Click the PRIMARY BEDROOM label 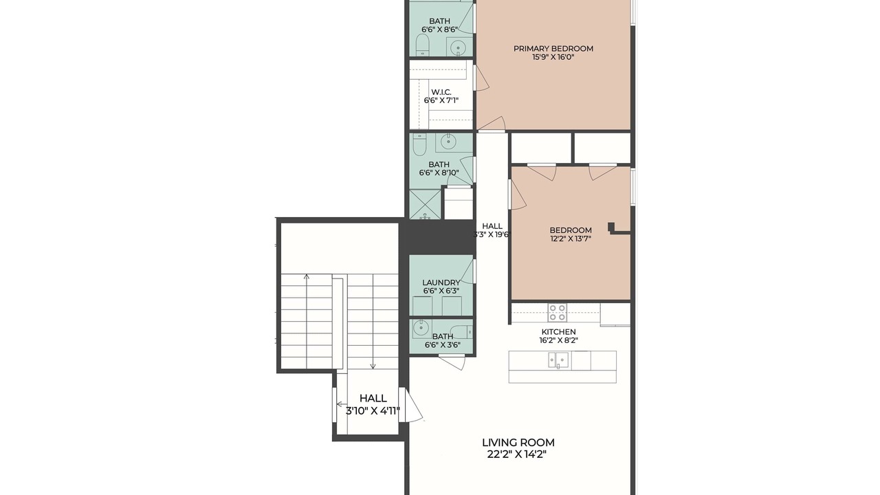pyautogui.click(x=553, y=49)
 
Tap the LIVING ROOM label pyautogui.click(x=518, y=442)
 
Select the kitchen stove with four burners pyautogui.click(x=557, y=313)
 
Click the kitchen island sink pyautogui.click(x=558, y=360)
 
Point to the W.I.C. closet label pyautogui.click(x=441, y=92)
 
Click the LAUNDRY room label pyautogui.click(x=441, y=283)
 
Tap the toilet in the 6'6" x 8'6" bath pyautogui.click(x=422, y=45)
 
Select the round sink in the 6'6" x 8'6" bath pyautogui.click(x=458, y=48)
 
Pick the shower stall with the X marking pyautogui.click(x=425, y=204)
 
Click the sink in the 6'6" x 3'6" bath pyautogui.click(x=421, y=327)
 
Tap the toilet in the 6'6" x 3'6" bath pyautogui.click(x=461, y=332)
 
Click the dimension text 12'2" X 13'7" pyautogui.click(x=571, y=239)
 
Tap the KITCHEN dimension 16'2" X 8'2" pyautogui.click(x=559, y=340)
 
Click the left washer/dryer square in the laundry pyautogui.click(x=423, y=306)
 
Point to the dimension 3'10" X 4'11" pyautogui.click(x=373, y=411)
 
